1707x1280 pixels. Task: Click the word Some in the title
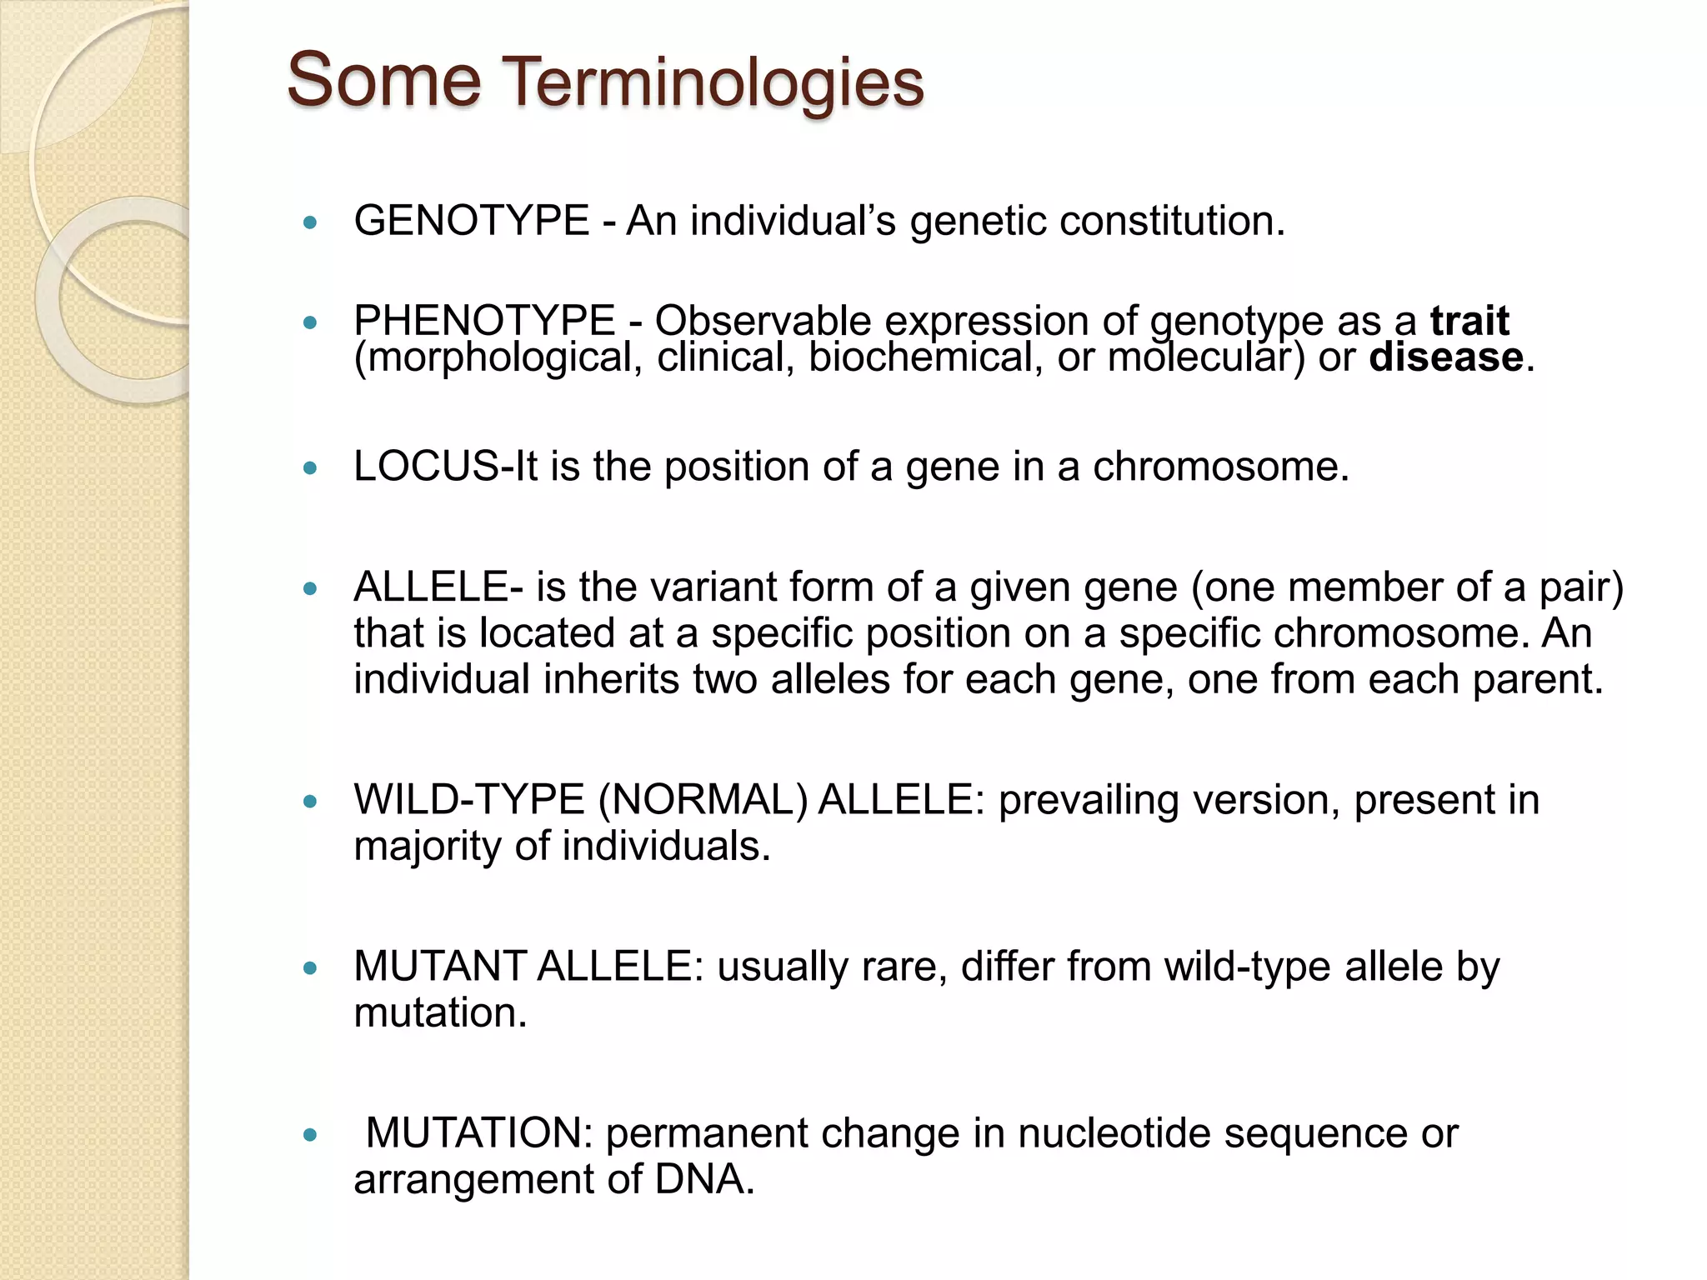point(383,80)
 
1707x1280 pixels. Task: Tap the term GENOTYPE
point(472,221)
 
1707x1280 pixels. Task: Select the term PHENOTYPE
point(484,321)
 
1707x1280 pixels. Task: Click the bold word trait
point(1469,321)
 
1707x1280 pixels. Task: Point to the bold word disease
point(1446,357)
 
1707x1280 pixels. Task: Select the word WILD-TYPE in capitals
point(468,799)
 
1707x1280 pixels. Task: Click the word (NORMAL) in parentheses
point(703,799)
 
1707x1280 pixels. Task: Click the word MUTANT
point(440,967)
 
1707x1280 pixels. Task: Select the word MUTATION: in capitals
point(479,1133)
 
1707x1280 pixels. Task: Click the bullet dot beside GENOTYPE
point(311,222)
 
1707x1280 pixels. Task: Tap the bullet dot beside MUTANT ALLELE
point(311,968)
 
